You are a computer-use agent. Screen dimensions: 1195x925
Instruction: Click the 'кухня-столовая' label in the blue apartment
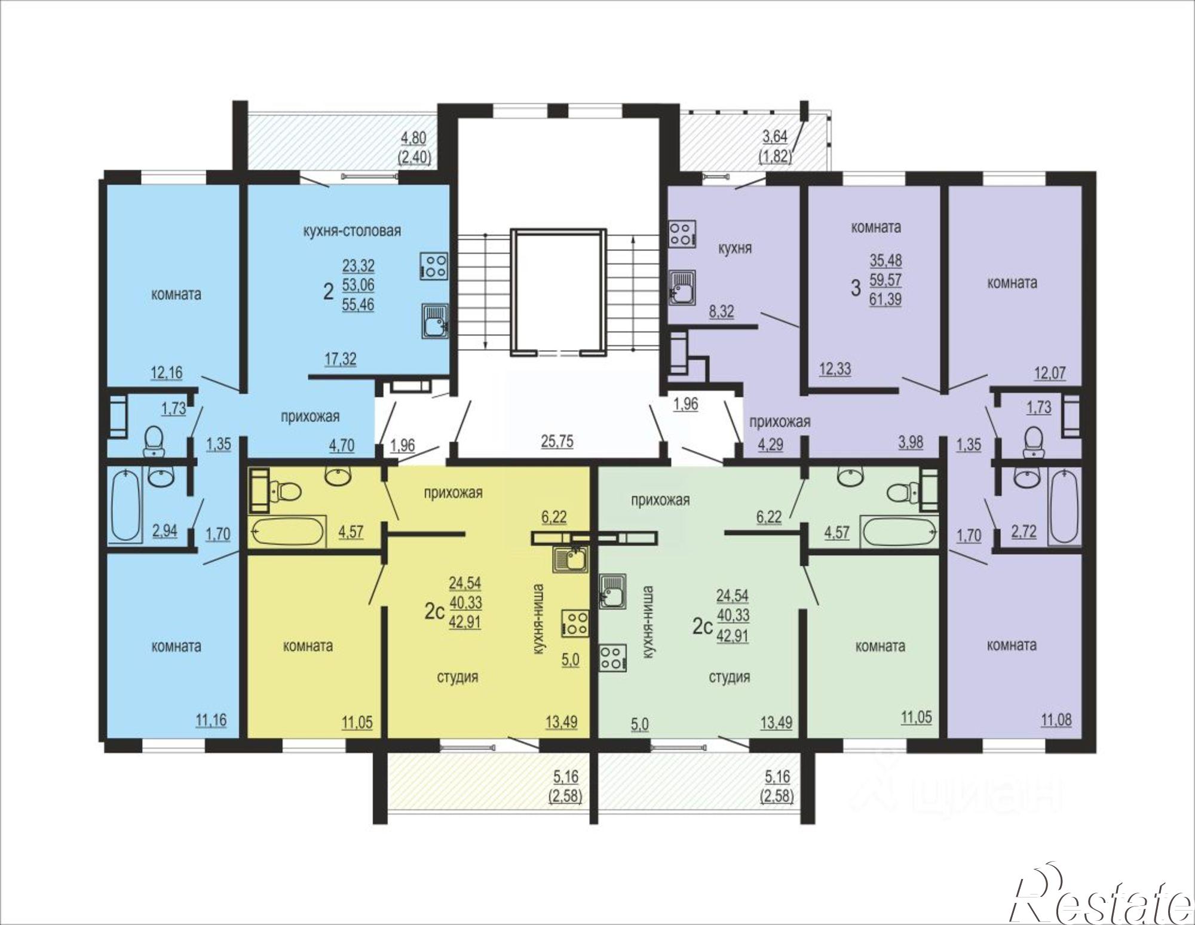click(x=352, y=231)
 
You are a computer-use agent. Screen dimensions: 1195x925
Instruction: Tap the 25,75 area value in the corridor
click(x=557, y=442)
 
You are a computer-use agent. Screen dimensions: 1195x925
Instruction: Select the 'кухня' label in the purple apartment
click(x=734, y=249)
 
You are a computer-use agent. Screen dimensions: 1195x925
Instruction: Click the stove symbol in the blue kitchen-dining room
click(x=434, y=265)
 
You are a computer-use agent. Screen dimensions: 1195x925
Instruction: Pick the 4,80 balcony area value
click(x=413, y=138)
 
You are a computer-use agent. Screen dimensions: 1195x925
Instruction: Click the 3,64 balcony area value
click(x=774, y=136)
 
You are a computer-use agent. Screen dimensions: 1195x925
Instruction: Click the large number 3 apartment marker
click(x=856, y=288)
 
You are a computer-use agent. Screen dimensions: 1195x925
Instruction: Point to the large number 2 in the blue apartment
click(x=328, y=292)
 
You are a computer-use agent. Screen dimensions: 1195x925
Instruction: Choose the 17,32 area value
click(x=341, y=359)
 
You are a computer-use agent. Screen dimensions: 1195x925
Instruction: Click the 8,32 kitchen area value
click(x=721, y=311)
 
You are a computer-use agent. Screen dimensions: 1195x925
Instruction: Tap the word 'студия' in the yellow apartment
click(x=457, y=677)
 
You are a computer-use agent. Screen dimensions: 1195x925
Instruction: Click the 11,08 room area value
click(x=1056, y=720)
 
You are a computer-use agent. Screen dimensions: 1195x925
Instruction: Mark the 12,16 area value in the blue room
click(x=167, y=372)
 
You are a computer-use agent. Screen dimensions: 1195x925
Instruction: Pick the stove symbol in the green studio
click(x=612, y=657)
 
